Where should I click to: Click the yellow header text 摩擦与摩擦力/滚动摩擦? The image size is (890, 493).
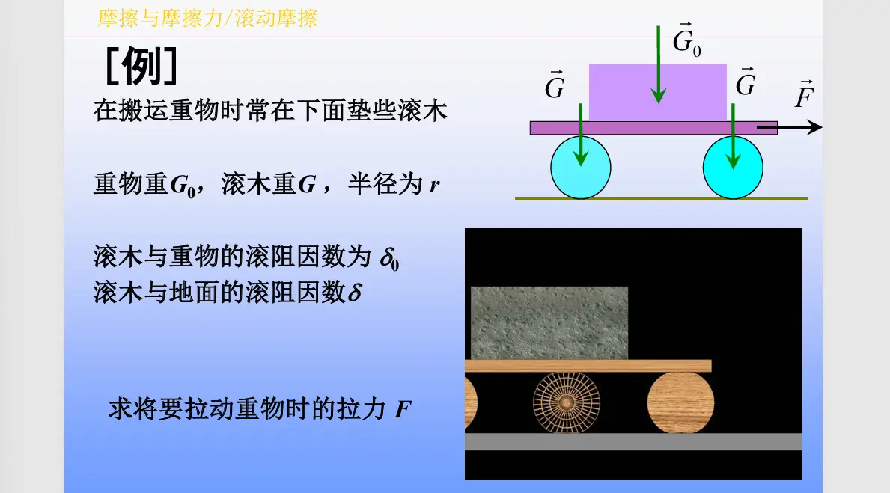coord(207,19)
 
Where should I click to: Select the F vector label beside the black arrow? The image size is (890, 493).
coord(805,96)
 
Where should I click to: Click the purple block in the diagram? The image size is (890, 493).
coord(657,92)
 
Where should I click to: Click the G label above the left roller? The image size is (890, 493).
coord(555,86)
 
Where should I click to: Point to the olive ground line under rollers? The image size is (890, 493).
coord(661,199)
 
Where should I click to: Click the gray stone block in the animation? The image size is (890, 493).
coord(549,322)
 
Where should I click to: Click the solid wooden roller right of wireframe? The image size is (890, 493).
coord(680,402)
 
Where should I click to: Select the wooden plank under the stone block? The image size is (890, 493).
coord(588,366)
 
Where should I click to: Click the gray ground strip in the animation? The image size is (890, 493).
coord(633,441)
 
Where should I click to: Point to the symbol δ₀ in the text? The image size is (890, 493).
coord(390,259)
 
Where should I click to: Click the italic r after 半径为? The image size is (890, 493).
coord(433,185)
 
